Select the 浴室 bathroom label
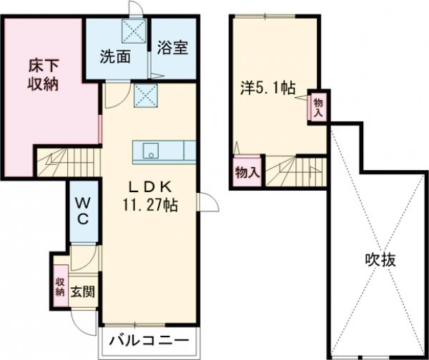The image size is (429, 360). pyautogui.click(x=172, y=49)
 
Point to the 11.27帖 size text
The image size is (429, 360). pyautogui.click(x=150, y=204)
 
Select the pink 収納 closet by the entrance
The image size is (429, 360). pyautogui.click(x=60, y=286)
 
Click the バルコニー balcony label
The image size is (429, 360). pyautogui.click(x=149, y=340)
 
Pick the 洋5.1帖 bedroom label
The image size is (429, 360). pyautogui.click(x=267, y=89)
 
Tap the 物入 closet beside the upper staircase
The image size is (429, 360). pyautogui.click(x=246, y=171)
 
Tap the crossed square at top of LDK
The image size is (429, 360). pyautogui.click(x=144, y=93)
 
